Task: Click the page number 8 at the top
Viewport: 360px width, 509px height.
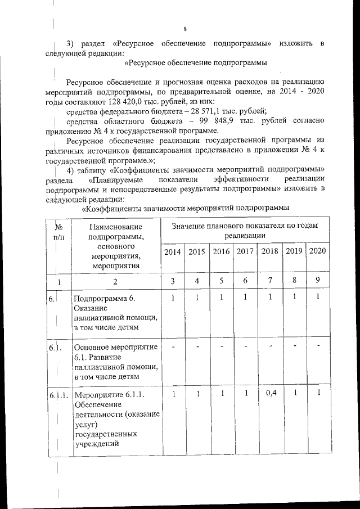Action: point(184,29)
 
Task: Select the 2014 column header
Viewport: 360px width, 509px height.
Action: point(172,251)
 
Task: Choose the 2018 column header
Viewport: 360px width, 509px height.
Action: point(269,251)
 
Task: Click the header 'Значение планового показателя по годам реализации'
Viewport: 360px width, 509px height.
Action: point(244,231)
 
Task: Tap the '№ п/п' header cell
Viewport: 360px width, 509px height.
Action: point(58,232)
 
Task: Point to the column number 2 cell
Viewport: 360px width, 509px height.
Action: point(115,281)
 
